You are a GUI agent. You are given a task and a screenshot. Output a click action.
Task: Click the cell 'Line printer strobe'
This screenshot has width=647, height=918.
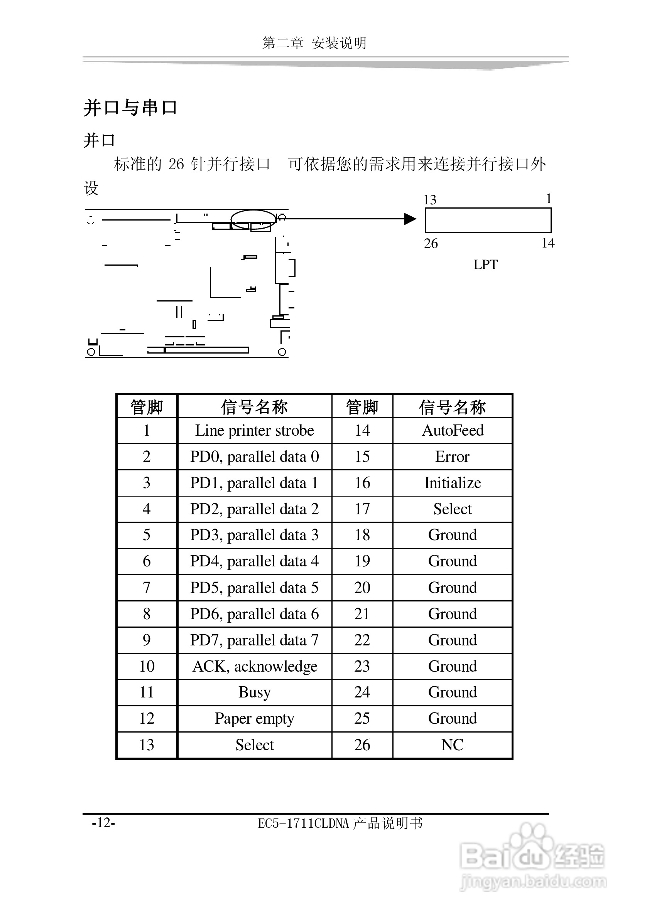click(255, 431)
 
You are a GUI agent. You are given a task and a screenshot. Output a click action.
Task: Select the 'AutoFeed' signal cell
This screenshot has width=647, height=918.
click(453, 431)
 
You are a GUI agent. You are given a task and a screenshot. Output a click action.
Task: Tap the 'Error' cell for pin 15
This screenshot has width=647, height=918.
click(452, 456)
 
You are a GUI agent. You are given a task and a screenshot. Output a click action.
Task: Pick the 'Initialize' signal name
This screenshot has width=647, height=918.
click(453, 483)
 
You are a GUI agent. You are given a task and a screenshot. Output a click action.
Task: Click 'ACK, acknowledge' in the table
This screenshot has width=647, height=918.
click(255, 667)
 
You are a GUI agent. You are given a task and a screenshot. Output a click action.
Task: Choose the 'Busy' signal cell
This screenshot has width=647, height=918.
click(255, 692)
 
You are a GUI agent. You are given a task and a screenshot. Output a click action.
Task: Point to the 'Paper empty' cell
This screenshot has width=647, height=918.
click(255, 719)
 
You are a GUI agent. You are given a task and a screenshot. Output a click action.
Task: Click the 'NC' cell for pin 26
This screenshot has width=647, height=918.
click(452, 745)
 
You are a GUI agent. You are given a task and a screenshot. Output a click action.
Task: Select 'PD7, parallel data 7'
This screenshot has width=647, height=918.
click(255, 640)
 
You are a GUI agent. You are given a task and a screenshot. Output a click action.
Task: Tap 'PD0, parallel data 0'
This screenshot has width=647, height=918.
click(255, 456)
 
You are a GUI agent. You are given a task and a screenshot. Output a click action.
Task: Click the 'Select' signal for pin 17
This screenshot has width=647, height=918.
click(453, 509)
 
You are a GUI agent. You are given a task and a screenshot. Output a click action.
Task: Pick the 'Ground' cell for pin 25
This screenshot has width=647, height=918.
click(453, 719)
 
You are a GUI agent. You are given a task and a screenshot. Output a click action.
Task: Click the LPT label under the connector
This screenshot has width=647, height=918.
click(485, 265)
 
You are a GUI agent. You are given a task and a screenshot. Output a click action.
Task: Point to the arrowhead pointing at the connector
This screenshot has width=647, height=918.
click(410, 219)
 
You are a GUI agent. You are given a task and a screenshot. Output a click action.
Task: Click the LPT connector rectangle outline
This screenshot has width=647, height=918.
click(488, 208)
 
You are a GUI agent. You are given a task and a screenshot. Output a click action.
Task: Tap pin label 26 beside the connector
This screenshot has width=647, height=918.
click(431, 243)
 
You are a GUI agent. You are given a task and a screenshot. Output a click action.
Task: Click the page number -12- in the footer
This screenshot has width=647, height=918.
click(104, 822)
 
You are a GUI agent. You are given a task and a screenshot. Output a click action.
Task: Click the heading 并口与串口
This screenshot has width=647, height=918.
click(130, 108)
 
